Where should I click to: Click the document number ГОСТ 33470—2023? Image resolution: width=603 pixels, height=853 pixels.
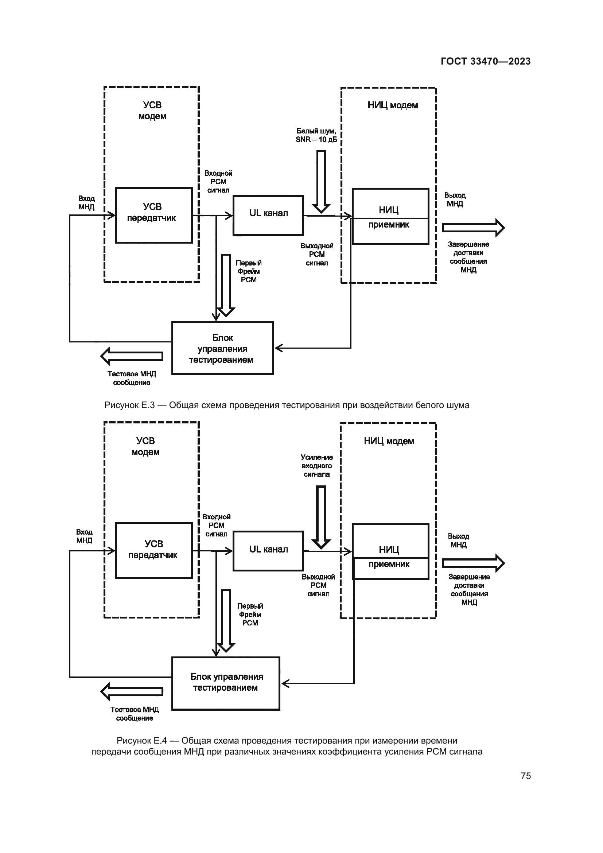485,61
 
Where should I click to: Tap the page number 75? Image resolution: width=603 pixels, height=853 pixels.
525,776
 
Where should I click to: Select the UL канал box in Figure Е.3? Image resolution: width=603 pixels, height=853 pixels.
268,216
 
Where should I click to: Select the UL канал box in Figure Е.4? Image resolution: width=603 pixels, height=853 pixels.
268,551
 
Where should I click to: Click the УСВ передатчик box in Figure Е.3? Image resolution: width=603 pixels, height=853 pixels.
154,215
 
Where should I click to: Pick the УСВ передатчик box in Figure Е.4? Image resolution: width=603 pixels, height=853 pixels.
154,551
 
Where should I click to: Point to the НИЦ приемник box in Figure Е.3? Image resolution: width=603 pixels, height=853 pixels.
390,216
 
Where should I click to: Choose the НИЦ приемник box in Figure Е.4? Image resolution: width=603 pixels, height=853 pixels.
390,552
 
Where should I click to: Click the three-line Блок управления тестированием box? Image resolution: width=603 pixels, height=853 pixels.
222,348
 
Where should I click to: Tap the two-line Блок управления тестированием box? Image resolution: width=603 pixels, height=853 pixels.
225,683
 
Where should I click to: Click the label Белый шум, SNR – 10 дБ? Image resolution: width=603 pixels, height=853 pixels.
316,135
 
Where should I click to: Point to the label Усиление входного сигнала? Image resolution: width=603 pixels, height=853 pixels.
317,466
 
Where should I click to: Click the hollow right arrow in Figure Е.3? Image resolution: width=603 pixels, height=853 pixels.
473,228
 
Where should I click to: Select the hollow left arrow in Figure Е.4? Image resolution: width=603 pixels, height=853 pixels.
132,691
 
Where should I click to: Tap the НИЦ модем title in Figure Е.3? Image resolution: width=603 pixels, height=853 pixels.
393,105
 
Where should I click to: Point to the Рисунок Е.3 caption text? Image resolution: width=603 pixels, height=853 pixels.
287,405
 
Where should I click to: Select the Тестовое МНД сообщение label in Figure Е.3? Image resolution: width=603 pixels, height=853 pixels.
132,378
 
